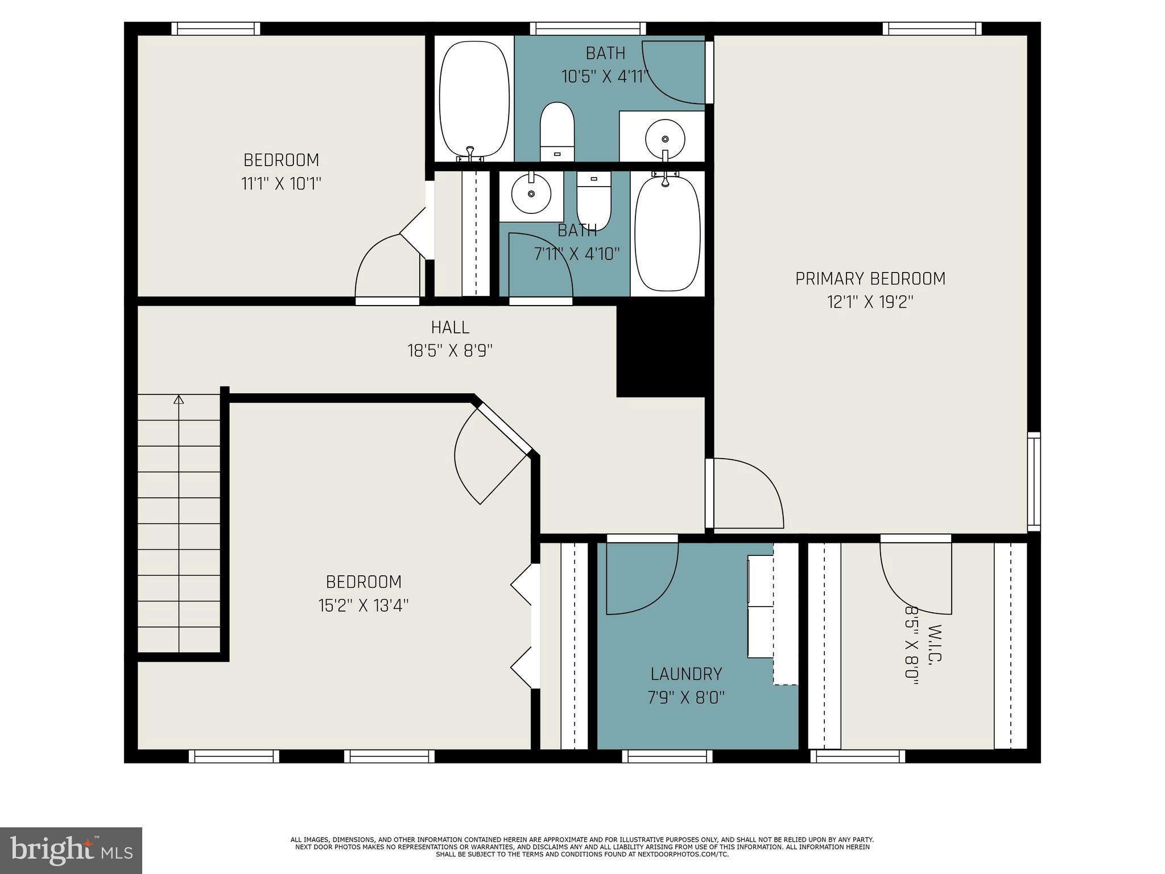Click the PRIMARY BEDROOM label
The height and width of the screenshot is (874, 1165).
pyautogui.click(x=870, y=279)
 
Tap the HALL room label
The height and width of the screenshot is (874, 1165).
pyautogui.click(x=450, y=327)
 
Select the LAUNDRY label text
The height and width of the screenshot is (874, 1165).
pyautogui.click(x=686, y=674)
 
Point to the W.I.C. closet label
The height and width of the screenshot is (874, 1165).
pyautogui.click(x=935, y=644)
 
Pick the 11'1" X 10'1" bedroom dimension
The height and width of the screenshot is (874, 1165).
pyautogui.click(x=281, y=184)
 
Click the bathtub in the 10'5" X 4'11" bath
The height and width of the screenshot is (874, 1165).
pyautogui.click(x=474, y=98)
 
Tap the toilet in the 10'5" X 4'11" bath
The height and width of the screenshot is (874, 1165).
pyautogui.click(x=557, y=131)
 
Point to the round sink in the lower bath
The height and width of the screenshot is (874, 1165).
pyautogui.click(x=531, y=194)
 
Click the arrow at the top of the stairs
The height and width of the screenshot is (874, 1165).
pyautogui.click(x=179, y=399)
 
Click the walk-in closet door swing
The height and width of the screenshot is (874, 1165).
pyautogui.click(x=915, y=578)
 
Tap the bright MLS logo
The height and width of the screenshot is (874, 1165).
pyautogui.click(x=71, y=850)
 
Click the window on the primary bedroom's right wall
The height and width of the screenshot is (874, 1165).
pyautogui.click(x=1034, y=481)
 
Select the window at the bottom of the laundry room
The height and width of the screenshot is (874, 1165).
pyautogui.click(x=667, y=756)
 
